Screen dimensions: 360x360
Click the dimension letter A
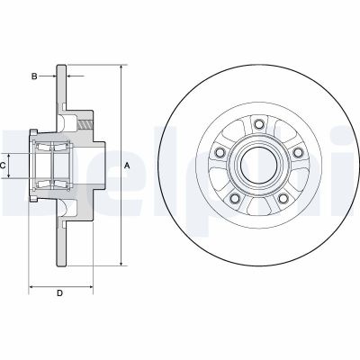tap(128, 165)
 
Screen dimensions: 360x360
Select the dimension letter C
tap(4, 166)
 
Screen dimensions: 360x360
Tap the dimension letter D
tap(59, 292)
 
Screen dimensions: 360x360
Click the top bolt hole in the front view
tap(259, 124)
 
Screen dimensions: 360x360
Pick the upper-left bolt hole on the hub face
tap(221, 150)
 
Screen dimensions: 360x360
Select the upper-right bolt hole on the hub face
tap(296, 150)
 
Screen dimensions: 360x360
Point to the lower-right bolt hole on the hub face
tap(282, 199)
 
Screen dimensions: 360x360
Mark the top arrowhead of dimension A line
tap(120, 67)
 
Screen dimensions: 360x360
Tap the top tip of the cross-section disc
tap(61, 66)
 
